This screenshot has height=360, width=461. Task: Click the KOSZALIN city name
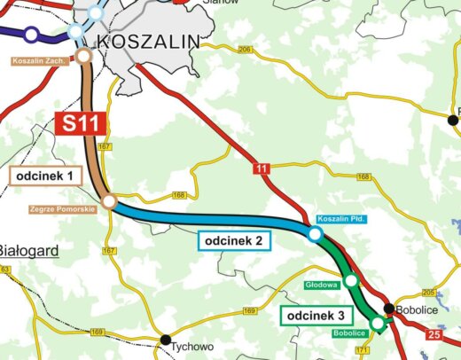pos(147,41)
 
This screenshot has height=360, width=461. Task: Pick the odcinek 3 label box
pos(316,316)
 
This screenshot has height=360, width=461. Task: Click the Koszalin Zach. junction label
pos(39,61)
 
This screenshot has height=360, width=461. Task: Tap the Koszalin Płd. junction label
pos(340,218)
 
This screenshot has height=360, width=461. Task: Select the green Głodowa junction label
pos(323,286)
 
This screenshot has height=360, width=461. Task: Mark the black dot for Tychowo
pos(165,340)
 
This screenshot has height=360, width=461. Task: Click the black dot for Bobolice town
pos(388,309)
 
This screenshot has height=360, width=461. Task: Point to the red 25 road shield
pos(434,335)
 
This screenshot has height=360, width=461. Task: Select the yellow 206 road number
pos(245,50)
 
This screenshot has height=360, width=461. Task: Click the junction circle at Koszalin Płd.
pos(314,234)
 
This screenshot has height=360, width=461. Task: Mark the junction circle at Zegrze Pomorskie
pos(108,203)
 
